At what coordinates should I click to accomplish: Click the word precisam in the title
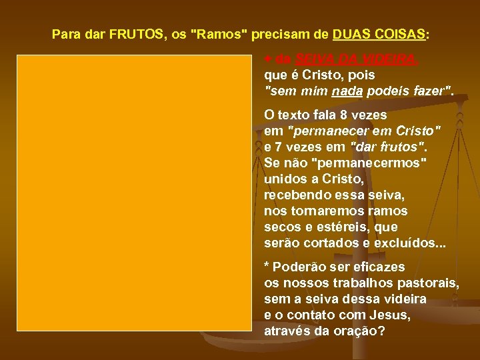(269, 33)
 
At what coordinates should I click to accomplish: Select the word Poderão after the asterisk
(299, 267)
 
